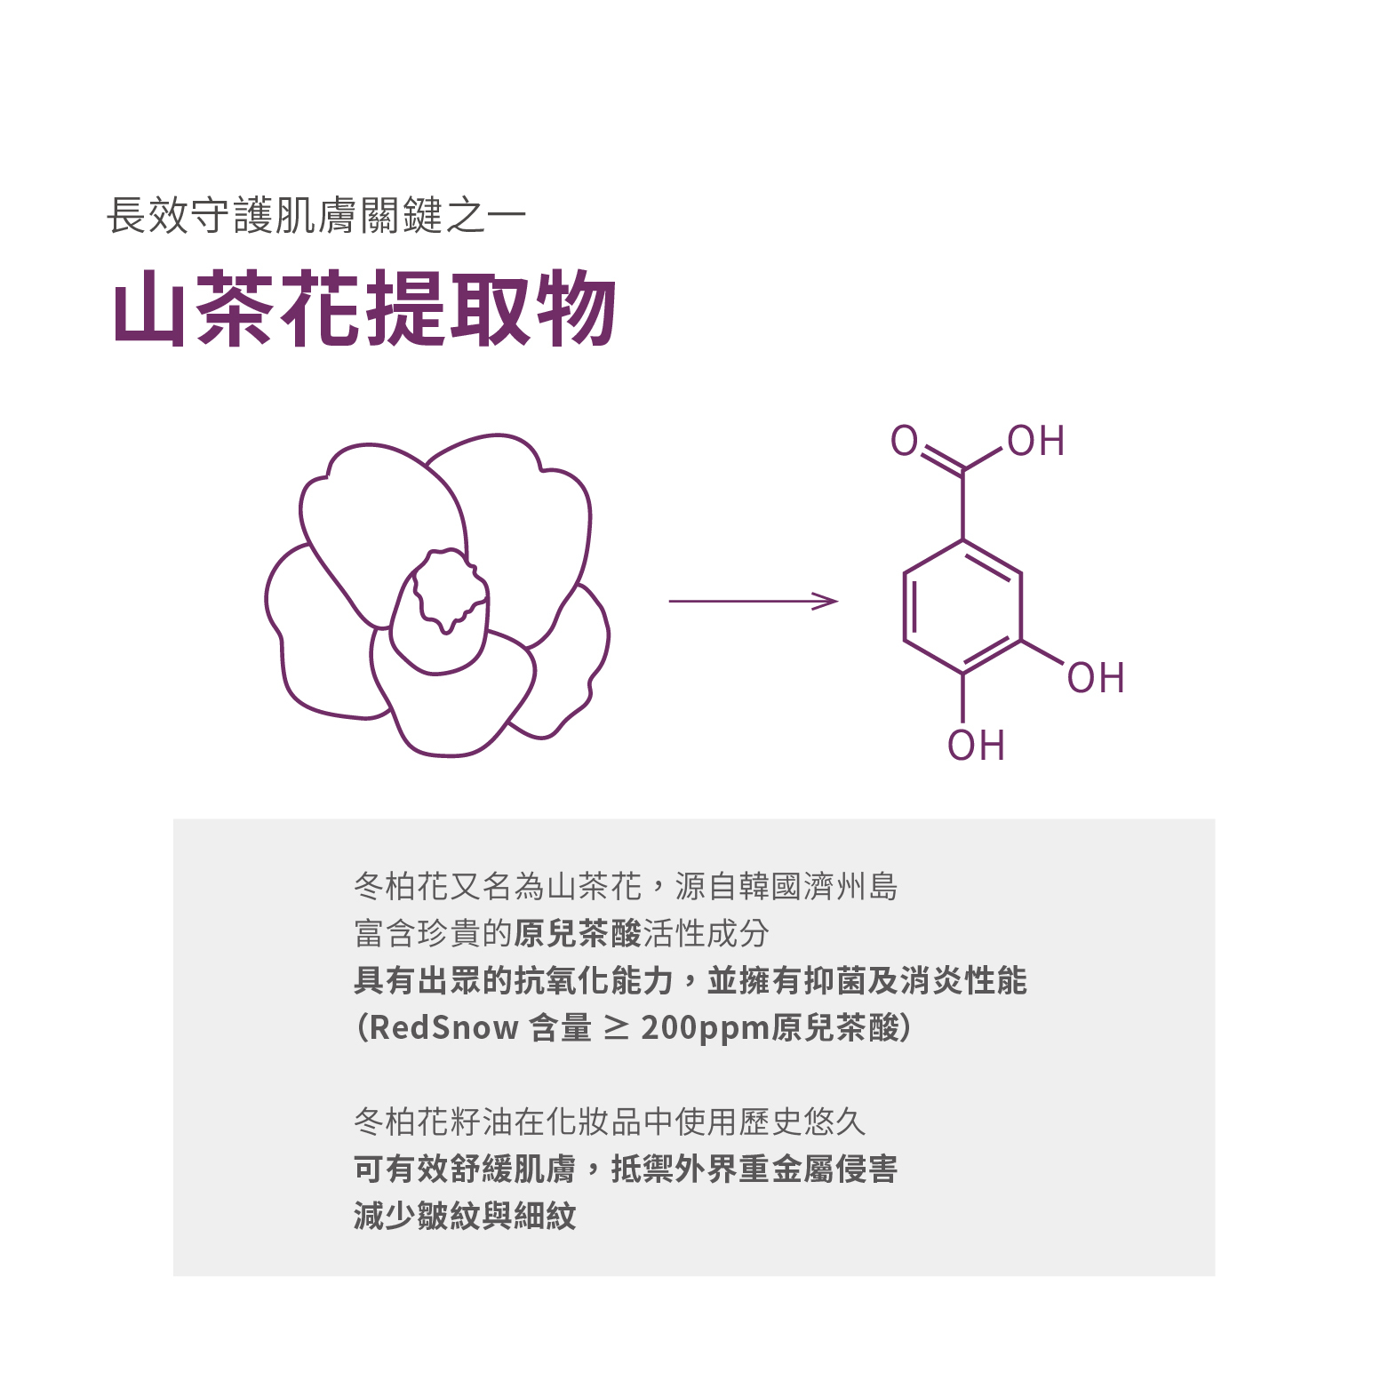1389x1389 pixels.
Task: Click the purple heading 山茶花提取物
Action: coord(364,308)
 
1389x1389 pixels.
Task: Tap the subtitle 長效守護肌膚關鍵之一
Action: coord(316,216)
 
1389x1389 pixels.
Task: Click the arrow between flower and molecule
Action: coord(753,602)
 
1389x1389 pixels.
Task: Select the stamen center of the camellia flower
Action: coord(450,588)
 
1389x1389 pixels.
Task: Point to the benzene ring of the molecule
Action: coord(962,607)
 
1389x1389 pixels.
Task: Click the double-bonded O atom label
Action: coord(904,441)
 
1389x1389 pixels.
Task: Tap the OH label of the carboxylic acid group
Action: coord(1036,442)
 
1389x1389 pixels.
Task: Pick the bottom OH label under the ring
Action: coord(976,746)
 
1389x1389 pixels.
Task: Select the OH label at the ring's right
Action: coord(1096,679)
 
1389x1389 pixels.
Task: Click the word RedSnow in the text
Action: coord(443,1028)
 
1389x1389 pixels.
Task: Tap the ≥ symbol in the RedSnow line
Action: coord(616,1028)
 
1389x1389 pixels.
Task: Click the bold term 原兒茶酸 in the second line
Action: coord(578,934)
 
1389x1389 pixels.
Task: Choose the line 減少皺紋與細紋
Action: coord(465,1216)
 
